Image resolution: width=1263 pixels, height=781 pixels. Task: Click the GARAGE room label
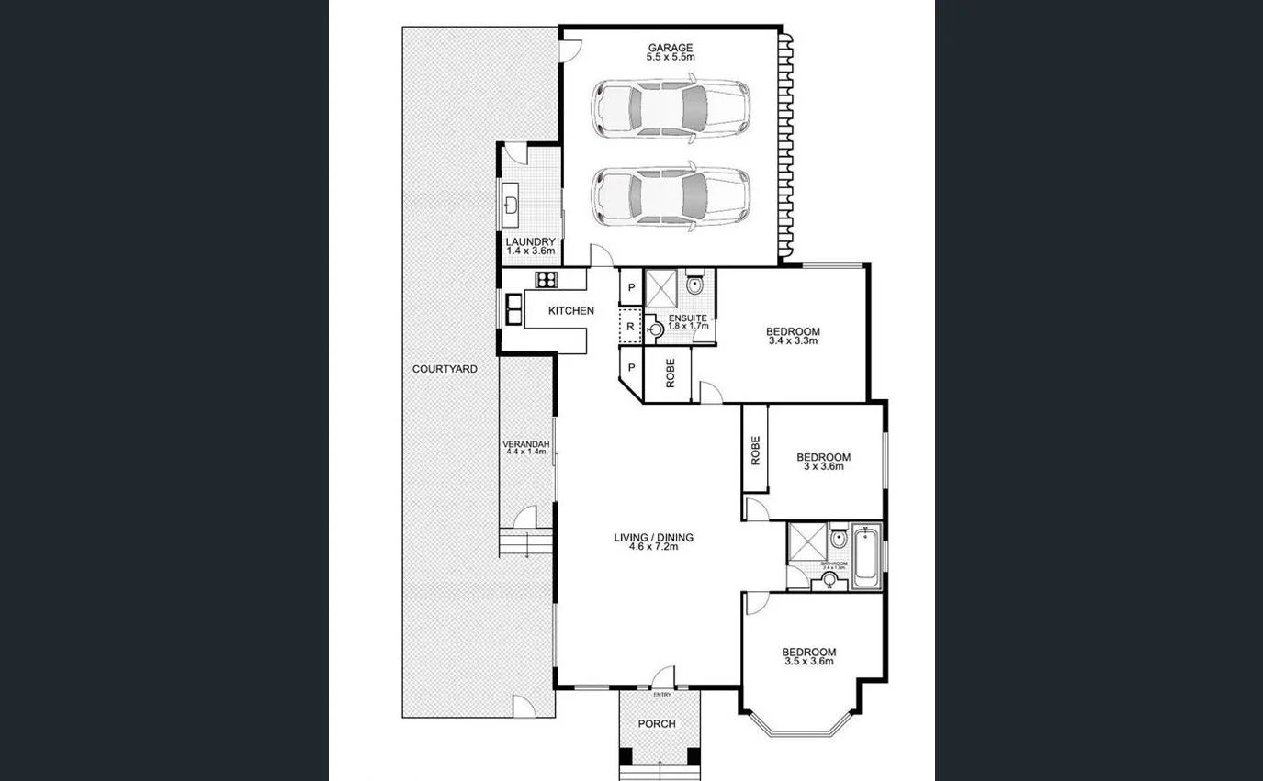670,48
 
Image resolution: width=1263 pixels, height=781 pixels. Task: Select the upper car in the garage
671,109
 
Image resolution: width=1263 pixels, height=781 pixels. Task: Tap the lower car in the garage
671,195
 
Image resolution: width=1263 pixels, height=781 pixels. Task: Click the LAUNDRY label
530,242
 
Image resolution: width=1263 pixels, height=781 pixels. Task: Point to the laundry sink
511,204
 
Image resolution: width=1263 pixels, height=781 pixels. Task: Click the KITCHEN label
570,311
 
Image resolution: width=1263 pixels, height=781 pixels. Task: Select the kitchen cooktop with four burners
546,280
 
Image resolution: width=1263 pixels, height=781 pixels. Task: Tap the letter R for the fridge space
630,326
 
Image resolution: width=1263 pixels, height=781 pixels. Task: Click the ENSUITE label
687,318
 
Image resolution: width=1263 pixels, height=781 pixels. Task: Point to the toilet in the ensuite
694,284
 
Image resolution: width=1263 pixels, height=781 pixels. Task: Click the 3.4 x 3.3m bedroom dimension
792,340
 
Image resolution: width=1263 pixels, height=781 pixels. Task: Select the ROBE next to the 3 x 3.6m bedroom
755,450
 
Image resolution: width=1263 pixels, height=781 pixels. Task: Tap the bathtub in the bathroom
864,558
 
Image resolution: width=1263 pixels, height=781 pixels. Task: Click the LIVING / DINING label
654,538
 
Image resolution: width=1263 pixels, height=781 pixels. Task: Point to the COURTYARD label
445,369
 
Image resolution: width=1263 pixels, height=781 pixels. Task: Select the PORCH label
657,723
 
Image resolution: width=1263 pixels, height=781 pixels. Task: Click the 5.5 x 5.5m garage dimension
670,58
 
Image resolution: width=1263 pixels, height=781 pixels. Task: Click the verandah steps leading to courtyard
524,543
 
